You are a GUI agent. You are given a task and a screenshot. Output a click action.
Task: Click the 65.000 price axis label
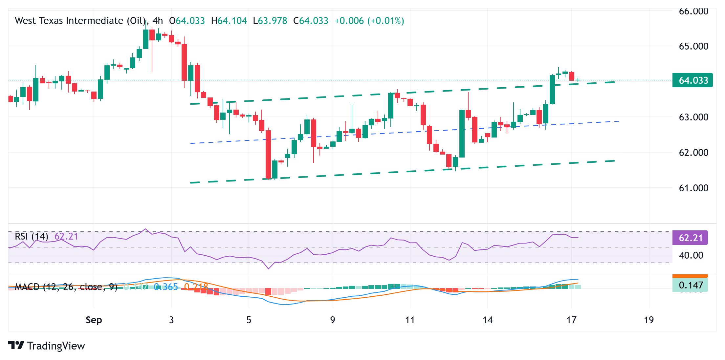pyautogui.click(x=693, y=46)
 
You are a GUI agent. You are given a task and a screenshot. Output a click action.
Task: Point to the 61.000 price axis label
pyautogui.click(x=693, y=188)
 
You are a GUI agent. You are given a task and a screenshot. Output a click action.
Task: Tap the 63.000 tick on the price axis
pyautogui.click(x=693, y=117)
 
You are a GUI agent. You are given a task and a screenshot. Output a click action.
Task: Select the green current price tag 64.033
pyautogui.click(x=692, y=80)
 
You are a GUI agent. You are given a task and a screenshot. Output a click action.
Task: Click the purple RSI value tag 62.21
pyautogui.click(x=690, y=238)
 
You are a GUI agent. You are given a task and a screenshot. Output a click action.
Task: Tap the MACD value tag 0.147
pyautogui.click(x=690, y=285)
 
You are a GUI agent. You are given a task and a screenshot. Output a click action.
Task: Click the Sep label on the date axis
pyautogui.click(x=94, y=320)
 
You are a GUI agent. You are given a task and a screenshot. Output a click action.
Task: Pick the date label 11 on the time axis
pyautogui.click(x=410, y=320)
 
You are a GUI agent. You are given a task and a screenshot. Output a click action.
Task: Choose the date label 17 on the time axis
pyautogui.click(x=571, y=320)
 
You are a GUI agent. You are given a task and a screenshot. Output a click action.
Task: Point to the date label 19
pyautogui.click(x=649, y=320)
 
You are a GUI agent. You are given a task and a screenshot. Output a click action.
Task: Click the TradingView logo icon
pyautogui.click(x=16, y=346)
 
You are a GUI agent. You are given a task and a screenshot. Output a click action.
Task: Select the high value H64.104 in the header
pyautogui.click(x=229, y=21)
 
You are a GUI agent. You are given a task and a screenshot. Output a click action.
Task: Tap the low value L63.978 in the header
pyautogui.click(x=270, y=21)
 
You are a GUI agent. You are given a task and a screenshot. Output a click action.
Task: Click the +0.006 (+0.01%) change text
pyautogui.click(x=369, y=21)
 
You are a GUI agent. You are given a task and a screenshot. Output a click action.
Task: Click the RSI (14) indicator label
pyautogui.click(x=32, y=236)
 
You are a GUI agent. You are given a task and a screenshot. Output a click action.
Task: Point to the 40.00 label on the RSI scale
pyautogui.click(x=691, y=255)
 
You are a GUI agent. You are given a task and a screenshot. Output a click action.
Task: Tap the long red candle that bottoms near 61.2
pyautogui.click(x=268, y=154)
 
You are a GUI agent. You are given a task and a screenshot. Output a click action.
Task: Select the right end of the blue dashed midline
pyautogui.click(x=619, y=121)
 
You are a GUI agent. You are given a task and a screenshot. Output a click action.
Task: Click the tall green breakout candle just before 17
pyautogui.click(x=552, y=89)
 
